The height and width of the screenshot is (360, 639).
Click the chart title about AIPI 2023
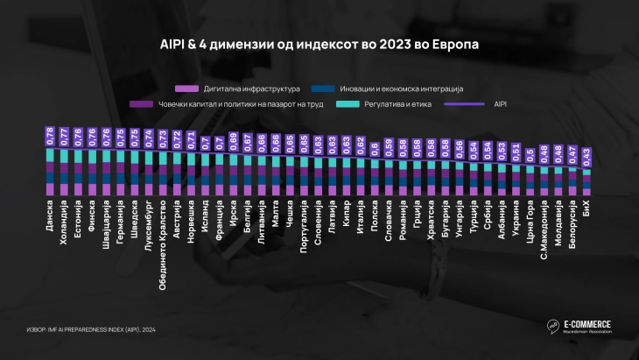pyautogui.click(x=319, y=42)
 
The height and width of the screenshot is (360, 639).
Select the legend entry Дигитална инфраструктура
pyautogui.click(x=236, y=89)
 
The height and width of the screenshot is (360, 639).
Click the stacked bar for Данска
pyautogui.click(x=49, y=172)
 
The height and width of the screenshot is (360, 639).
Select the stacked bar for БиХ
pyautogui.click(x=586, y=180)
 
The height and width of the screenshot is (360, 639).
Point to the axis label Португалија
pyautogui.click(x=303, y=223)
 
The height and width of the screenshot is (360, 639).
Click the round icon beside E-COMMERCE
pyautogui.click(x=553, y=327)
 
